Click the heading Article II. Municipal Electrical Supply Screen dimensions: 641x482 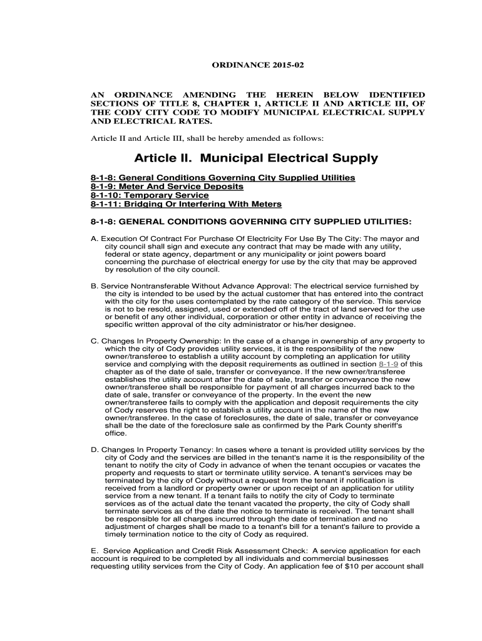click(256, 158)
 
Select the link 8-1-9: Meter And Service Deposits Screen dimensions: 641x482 click(167, 187)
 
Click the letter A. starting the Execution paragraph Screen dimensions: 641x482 click(95, 239)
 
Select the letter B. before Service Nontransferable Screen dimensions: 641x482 click(95, 285)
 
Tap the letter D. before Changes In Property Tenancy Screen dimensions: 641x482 click(95, 449)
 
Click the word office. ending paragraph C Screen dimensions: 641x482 click(116, 433)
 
